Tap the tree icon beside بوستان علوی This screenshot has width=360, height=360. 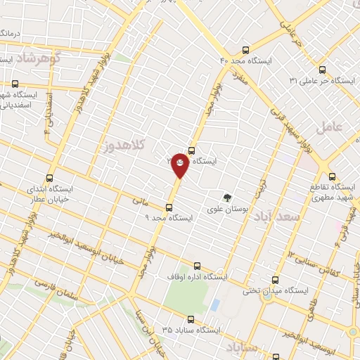coord(226,198)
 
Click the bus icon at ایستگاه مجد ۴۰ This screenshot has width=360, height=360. coord(245,50)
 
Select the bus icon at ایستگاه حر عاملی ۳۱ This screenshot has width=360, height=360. coord(321,70)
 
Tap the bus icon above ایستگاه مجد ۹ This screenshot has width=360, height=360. coord(168,207)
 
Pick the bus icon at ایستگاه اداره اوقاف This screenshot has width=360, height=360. coord(196,266)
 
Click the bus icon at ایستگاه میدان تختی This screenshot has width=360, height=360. coord(274,279)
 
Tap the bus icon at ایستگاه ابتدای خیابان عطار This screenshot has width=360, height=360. coord(49,178)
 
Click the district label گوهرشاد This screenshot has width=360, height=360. coord(39,57)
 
